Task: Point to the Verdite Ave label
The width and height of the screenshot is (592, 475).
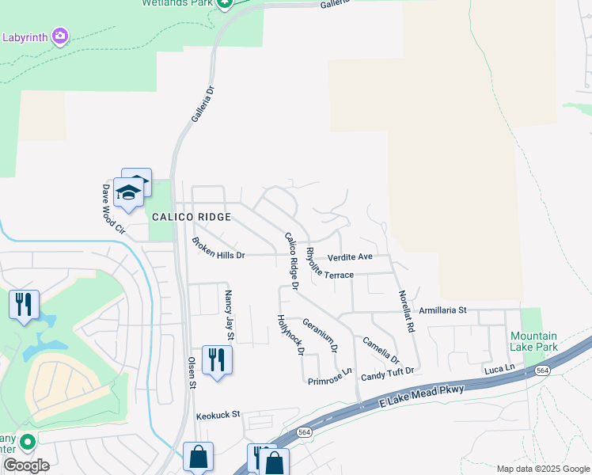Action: [x=350, y=256]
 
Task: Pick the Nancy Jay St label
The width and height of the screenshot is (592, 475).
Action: [x=229, y=315]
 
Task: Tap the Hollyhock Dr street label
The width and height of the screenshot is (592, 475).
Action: [x=290, y=335]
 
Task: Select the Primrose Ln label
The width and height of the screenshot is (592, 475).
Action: [x=330, y=376]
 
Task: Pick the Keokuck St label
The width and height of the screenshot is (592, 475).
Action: [x=218, y=414]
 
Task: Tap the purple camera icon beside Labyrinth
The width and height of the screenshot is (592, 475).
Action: [x=60, y=36]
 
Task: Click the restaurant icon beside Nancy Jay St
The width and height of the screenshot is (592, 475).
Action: [x=215, y=360]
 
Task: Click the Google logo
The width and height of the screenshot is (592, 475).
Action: [x=26, y=465]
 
